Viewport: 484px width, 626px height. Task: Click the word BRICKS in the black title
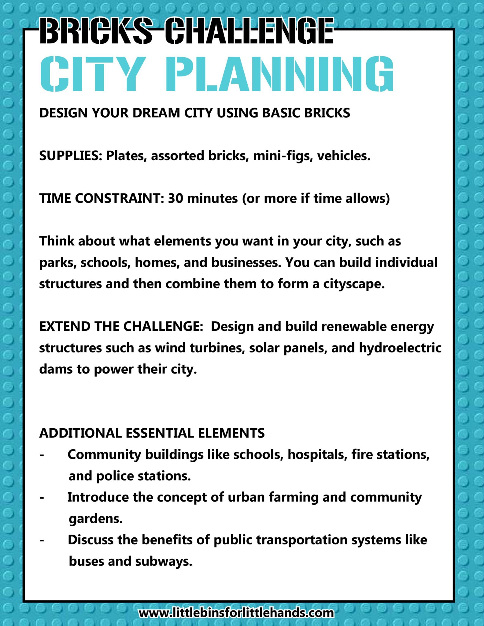96,31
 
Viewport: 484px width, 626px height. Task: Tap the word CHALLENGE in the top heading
249,31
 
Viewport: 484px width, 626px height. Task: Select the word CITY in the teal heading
92,74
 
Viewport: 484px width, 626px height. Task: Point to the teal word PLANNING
279,74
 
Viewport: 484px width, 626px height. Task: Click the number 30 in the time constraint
175,198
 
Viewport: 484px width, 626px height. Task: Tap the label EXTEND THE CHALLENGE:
121,326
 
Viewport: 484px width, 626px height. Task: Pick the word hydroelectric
400,348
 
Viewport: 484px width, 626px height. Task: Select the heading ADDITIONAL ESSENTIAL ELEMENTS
152,433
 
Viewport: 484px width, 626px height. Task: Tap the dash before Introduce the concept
42,498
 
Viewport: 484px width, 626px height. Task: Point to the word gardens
96,519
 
